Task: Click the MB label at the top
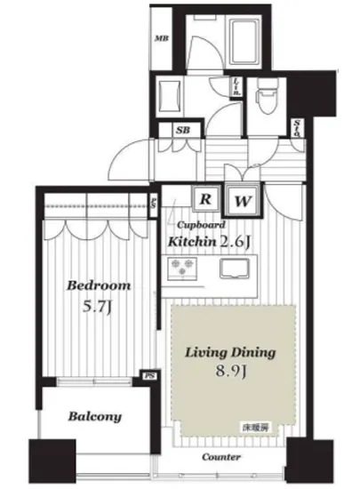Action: pyautogui.click(x=162, y=37)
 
